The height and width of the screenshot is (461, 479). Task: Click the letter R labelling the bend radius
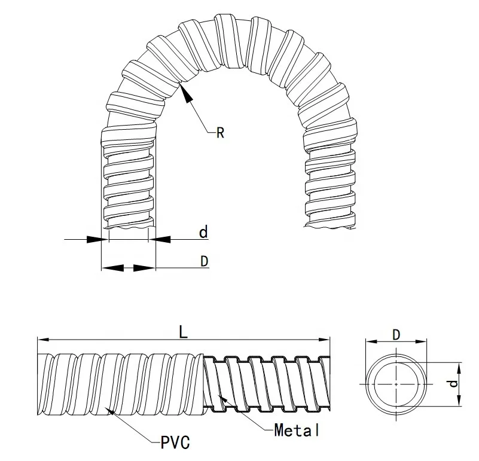219,133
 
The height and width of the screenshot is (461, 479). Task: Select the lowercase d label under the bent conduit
203,232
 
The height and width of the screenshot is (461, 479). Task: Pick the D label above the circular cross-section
396,335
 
